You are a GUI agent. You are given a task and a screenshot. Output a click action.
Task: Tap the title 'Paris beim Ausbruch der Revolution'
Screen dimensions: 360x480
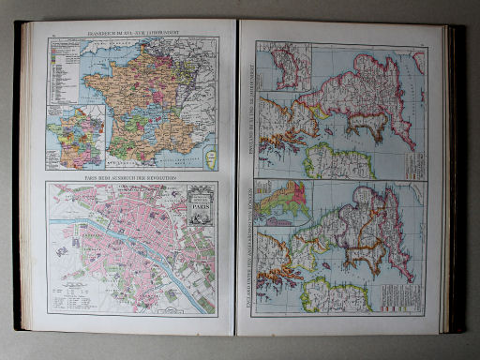131,176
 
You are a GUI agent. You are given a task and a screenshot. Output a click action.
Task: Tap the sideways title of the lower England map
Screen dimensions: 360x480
248,253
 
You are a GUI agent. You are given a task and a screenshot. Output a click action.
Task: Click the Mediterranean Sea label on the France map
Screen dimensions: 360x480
178,161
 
